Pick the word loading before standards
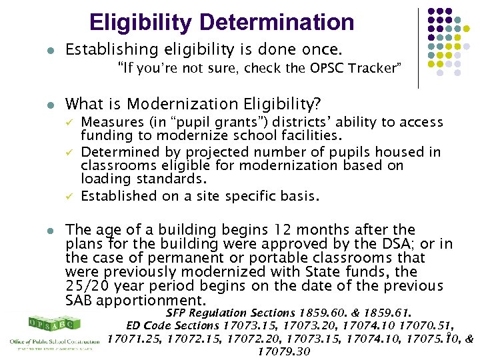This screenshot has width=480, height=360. (x=106, y=179)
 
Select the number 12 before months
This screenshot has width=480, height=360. (x=267, y=229)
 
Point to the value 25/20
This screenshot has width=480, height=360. (x=89, y=286)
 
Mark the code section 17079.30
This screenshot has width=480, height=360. (x=283, y=351)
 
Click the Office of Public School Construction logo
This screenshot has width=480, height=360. (x=53, y=331)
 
